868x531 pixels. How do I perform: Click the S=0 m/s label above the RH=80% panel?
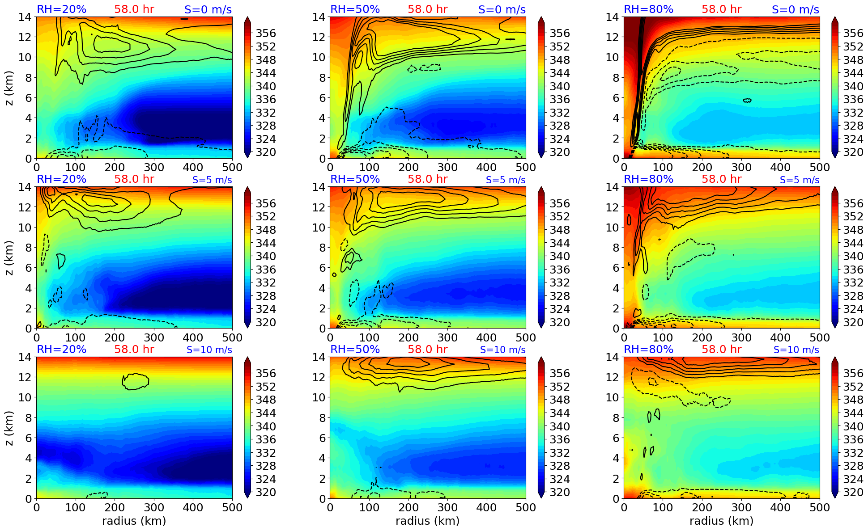(x=795, y=9)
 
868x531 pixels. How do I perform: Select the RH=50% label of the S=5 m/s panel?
(x=355, y=179)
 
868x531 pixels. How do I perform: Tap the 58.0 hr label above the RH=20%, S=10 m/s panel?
(x=134, y=350)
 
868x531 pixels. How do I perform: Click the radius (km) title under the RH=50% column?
(x=427, y=521)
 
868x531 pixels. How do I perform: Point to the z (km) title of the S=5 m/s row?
(x=9, y=257)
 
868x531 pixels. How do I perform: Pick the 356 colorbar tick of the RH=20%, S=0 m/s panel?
(x=266, y=33)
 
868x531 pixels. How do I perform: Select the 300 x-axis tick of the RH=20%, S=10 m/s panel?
(x=154, y=507)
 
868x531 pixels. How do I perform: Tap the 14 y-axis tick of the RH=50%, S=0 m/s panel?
(x=318, y=17)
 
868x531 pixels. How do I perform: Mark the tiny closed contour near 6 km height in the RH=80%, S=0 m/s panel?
(x=747, y=101)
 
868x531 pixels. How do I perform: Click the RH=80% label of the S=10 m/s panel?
(x=648, y=350)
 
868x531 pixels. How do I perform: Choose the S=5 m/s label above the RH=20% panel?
(x=212, y=180)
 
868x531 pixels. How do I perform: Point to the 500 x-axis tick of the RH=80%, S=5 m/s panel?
(x=819, y=337)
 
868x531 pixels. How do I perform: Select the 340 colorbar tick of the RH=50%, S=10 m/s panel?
(x=559, y=426)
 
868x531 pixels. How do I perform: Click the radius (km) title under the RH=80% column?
(x=721, y=521)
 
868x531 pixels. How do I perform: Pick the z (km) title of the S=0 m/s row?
(x=9, y=88)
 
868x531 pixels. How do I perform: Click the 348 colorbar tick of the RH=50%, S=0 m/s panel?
(x=559, y=59)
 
